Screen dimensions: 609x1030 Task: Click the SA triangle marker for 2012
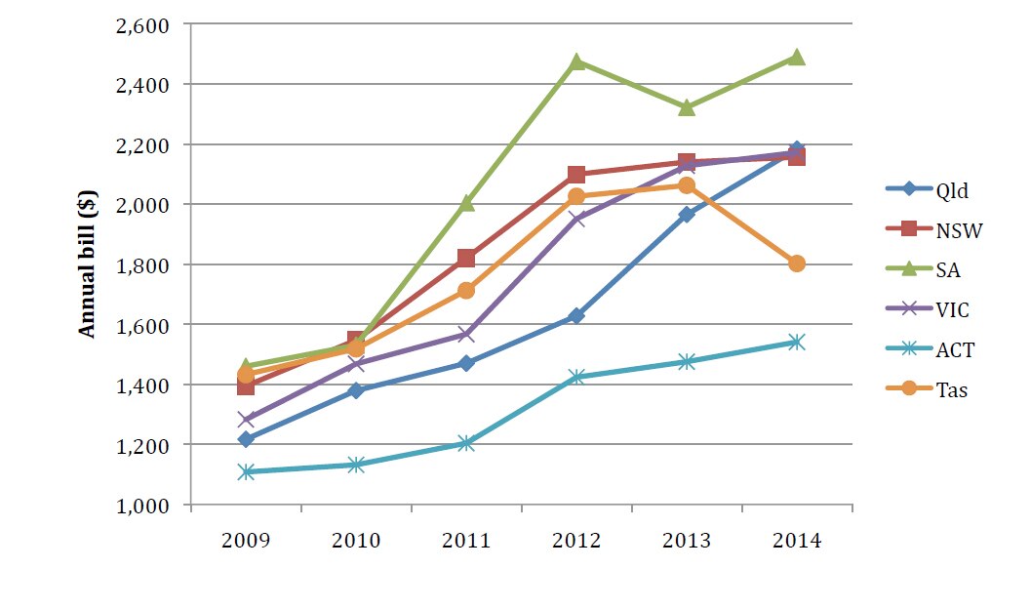tap(576, 61)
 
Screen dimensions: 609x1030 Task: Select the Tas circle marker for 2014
tap(797, 264)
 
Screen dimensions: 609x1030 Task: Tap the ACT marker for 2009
tap(246, 472)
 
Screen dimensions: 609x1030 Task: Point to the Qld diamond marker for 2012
tap(576, 316)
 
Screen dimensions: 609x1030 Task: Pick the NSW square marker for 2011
tap(466, 259)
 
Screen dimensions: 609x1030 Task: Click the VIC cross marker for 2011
tap(466, 335)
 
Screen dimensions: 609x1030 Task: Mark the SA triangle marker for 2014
tap(797, 57)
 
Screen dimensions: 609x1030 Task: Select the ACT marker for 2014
tap(797, 343)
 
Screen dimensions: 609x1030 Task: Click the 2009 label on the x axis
tap(246, 541)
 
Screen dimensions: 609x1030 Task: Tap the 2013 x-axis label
tap(687, 541)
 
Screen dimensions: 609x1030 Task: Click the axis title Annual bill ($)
tap(88, 264)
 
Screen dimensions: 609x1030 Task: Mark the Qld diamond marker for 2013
tap(687, 215)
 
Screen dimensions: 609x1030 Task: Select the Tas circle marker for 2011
tap(466, 291)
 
